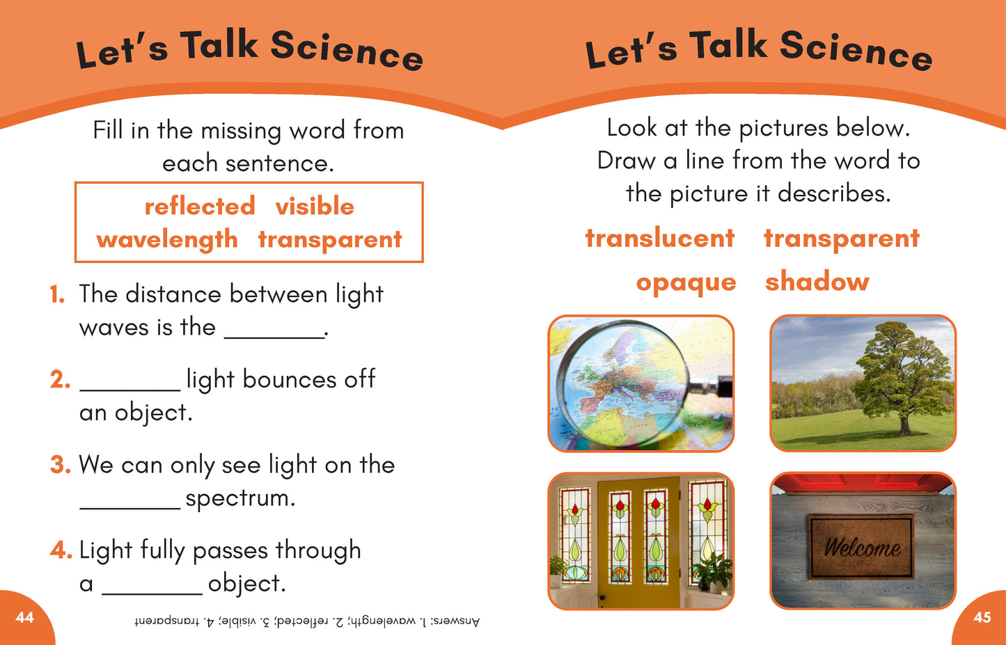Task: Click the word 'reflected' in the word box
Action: pyautogui.click(x=199, y=207)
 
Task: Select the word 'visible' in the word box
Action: pyautogui.click(x=315, y=206)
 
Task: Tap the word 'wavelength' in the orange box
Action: pyautogui.click(x=166, y=239)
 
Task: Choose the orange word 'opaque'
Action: pyautogui.click(x=686, y=283)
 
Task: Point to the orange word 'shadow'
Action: pyautogui.click(x=817, y=281)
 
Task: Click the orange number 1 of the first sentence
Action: pyautogui.click(x=57, y=294)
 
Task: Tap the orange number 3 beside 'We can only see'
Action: pyautogui.click(x=60, y=464)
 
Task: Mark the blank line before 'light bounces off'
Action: pyautogui.click(x=129, y=391)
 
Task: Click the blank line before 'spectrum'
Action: pyautogui.click(x=129, y=509)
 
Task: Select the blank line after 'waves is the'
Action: pyautogui.click(x=274, y=337)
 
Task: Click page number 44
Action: pyautogui.click(x=24, y=618)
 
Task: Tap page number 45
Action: pyautogui.click(x=982, y=618)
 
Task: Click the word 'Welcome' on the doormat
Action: pyautogui.click(x=863, y=548)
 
